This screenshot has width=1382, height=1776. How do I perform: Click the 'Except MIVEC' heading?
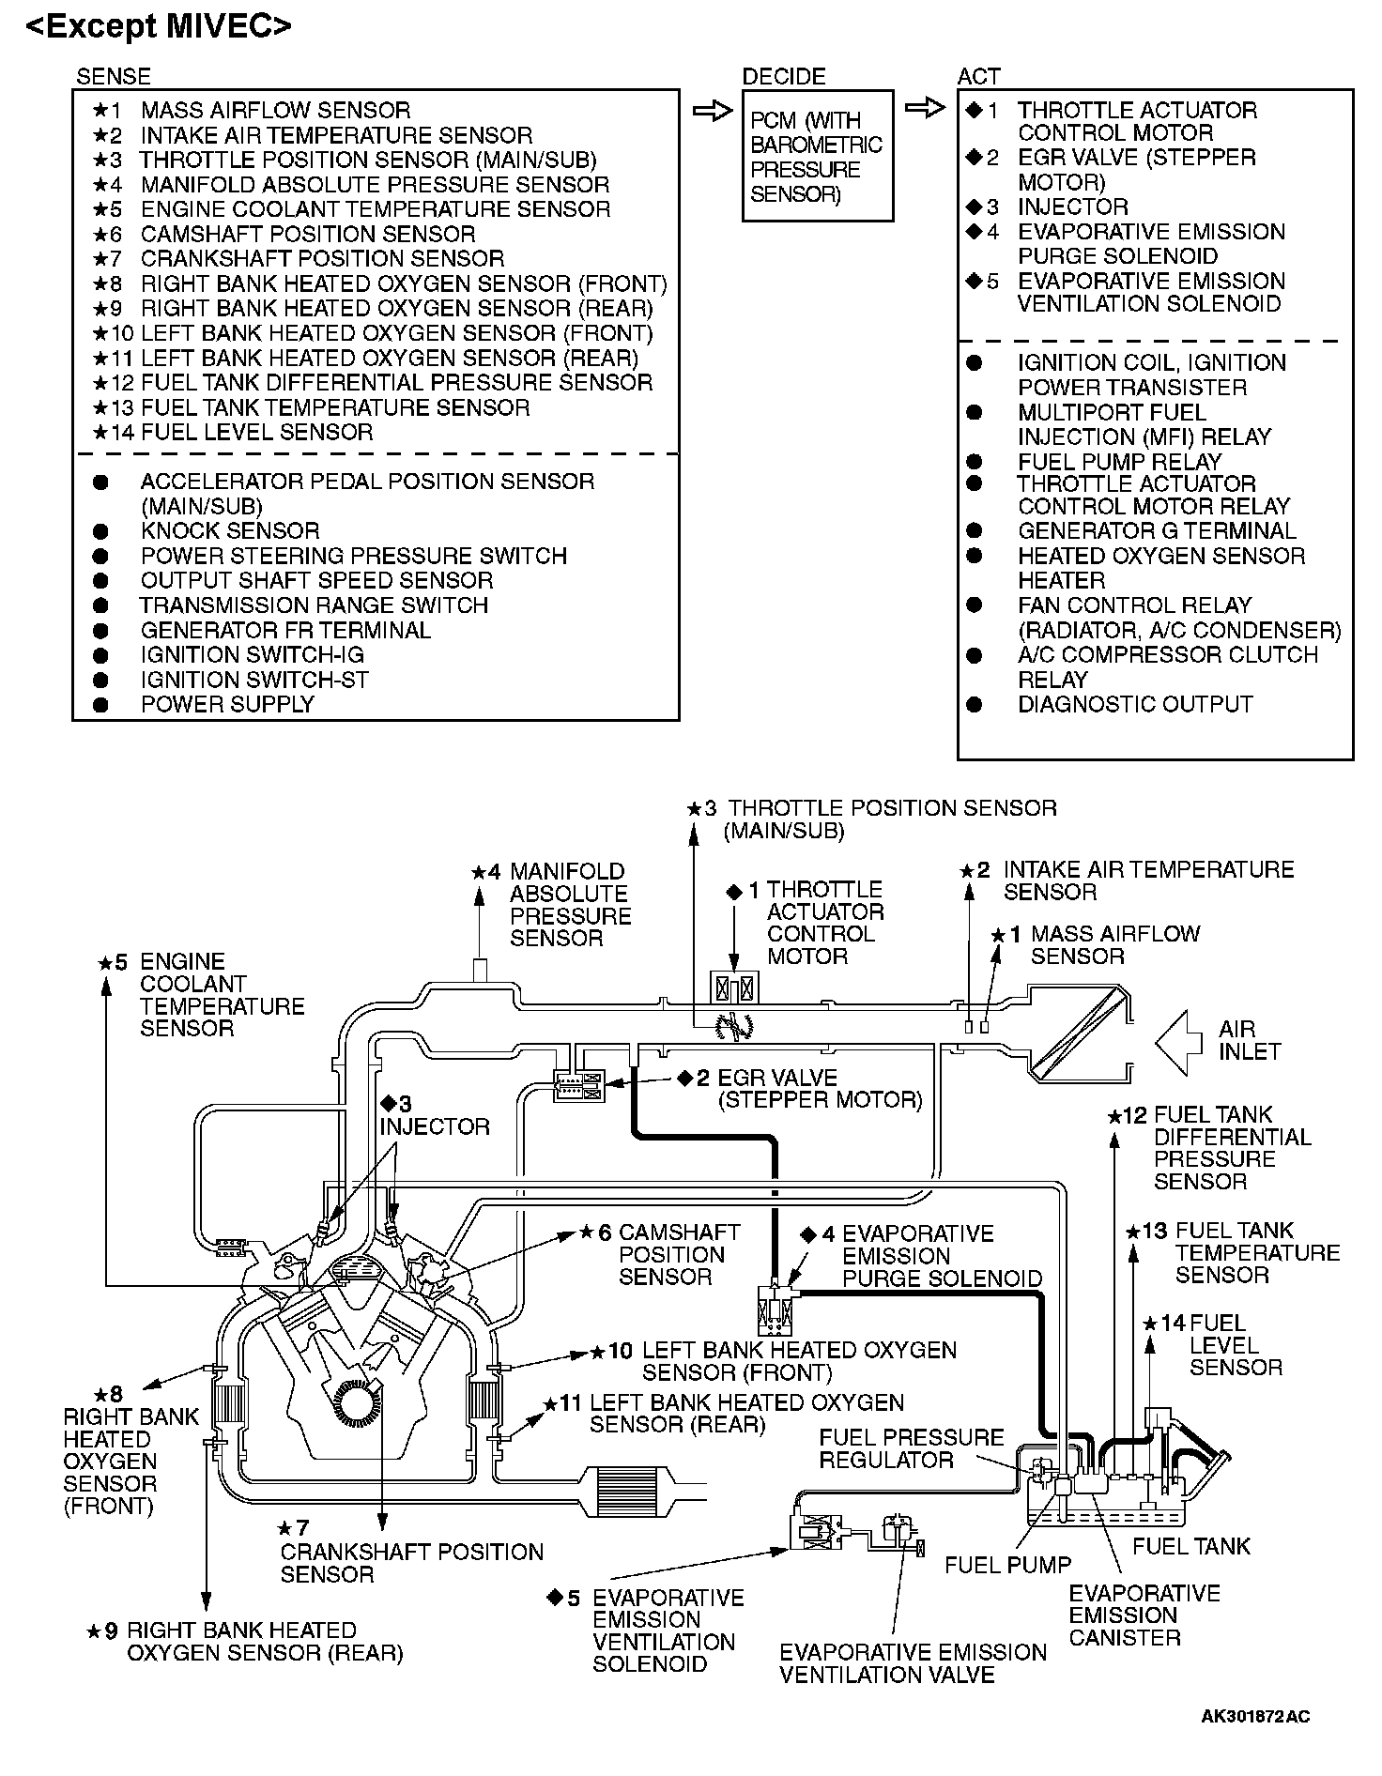(159, 26)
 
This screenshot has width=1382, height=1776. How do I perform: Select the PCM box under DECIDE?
(817, 156)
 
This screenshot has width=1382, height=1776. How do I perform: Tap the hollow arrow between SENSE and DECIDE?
(712, 112)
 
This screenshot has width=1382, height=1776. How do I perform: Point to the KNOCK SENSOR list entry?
(230, 530)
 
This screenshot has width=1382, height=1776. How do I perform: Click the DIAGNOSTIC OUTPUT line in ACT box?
(1135, 704)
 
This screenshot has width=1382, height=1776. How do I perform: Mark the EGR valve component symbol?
(579, 1086)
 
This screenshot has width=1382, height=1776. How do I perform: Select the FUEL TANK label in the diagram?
(1191, 1546)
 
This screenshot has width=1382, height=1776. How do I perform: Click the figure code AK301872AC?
(1255, 1717)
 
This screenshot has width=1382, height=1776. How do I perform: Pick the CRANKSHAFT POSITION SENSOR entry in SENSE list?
(322, 258)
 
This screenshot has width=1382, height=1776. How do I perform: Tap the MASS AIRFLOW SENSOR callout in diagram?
(1114, 945)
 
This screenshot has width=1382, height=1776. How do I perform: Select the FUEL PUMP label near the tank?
(1007, 1565)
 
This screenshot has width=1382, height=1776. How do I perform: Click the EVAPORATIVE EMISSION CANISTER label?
(1144, 1615)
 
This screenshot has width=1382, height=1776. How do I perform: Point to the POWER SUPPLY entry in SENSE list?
(227, 704)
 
